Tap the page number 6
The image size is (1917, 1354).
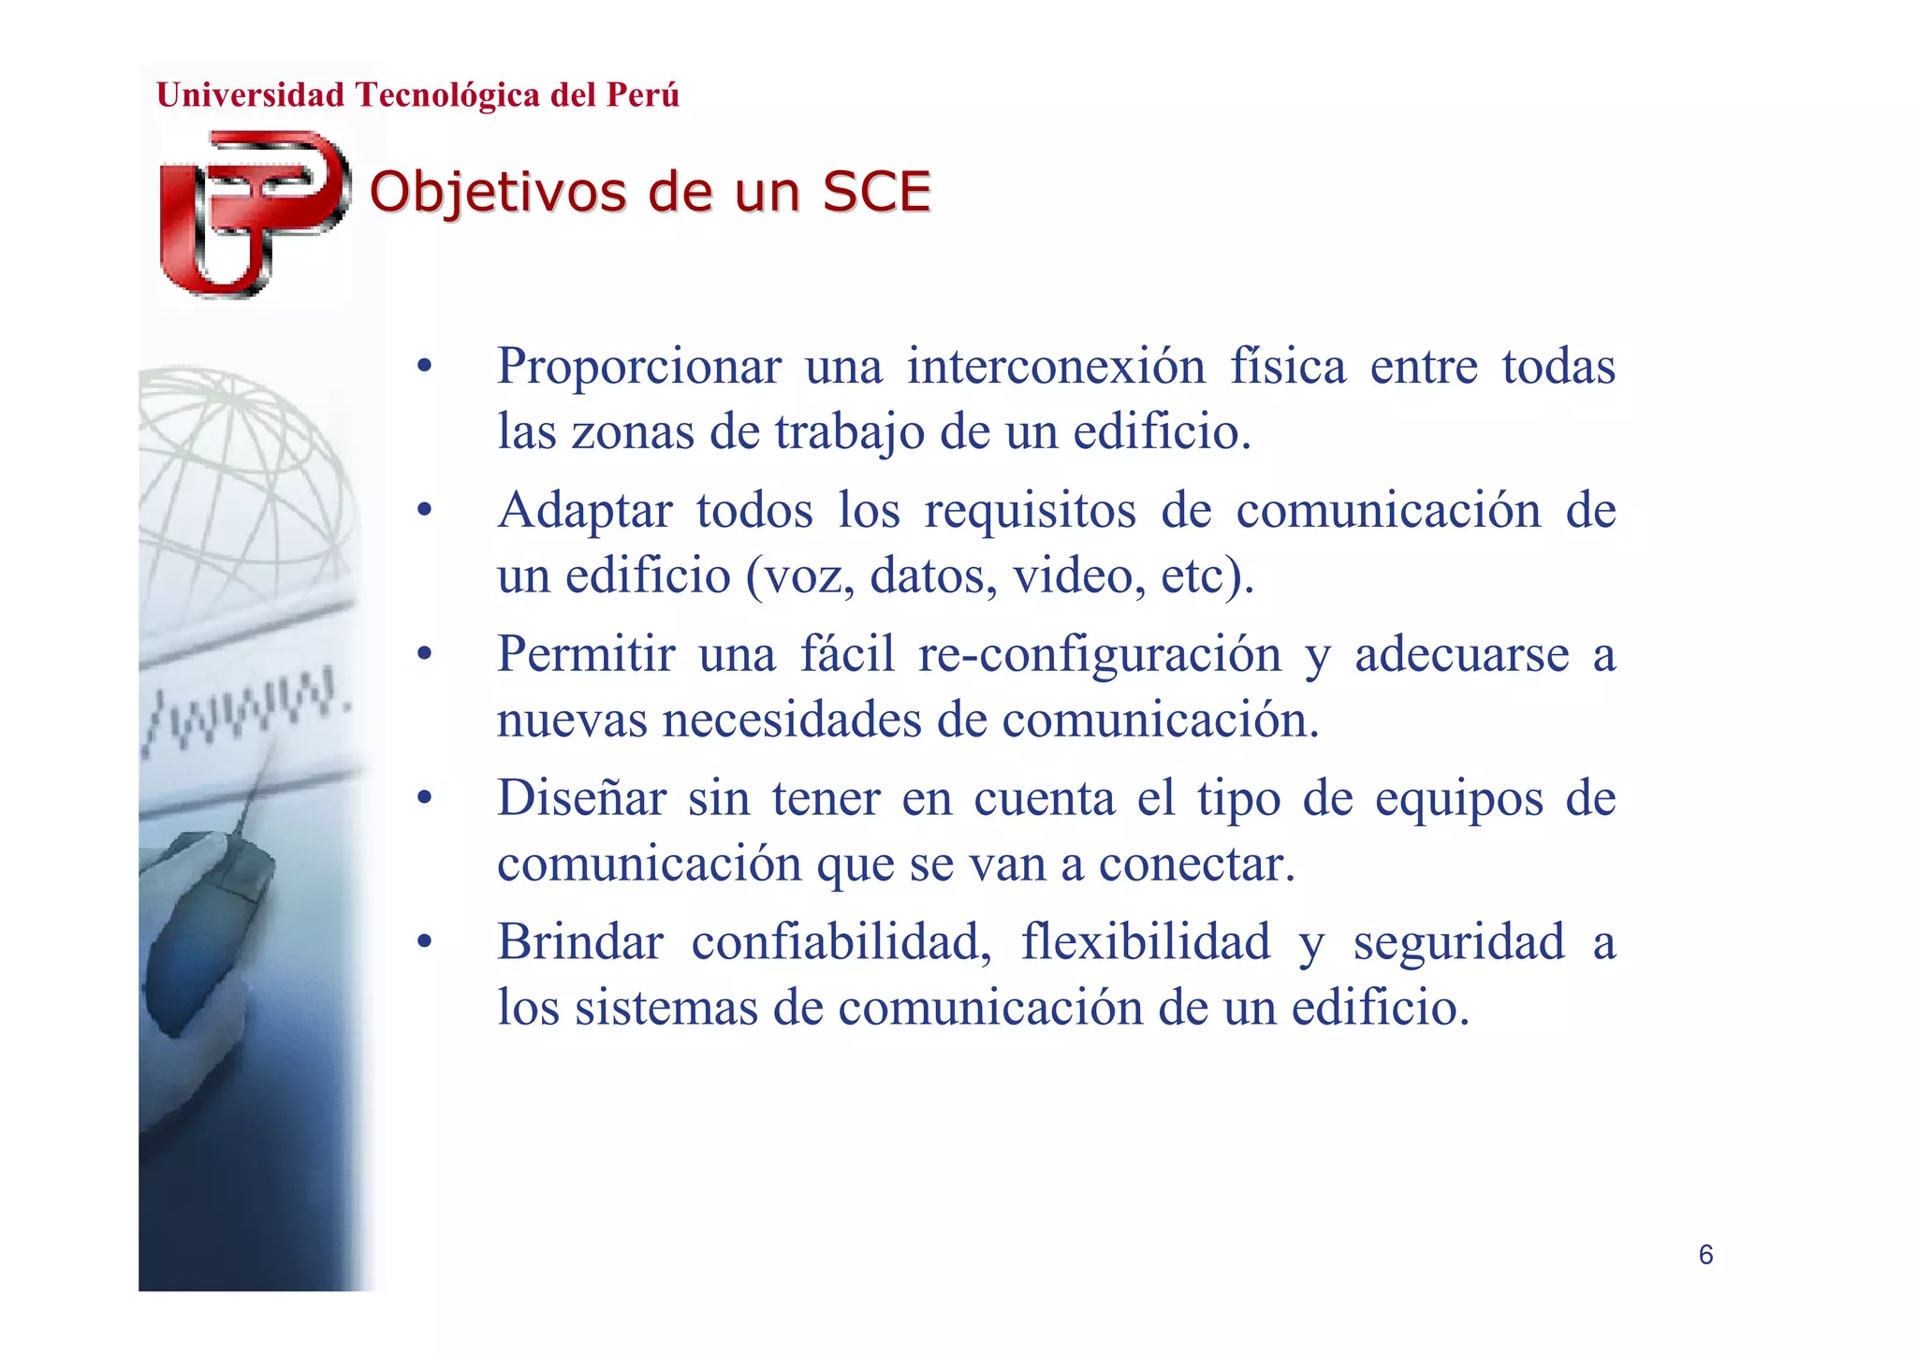pos(1705,1255)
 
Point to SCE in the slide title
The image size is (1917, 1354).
pos(876,193)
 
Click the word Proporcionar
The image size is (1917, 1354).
pos(638,366)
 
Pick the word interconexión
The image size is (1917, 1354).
pos(1056,366)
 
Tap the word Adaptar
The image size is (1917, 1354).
pos(584,511)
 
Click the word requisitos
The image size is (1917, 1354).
pos(1030,511)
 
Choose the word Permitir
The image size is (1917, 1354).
pos(585,654)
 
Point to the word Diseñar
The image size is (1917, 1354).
pos(581,798)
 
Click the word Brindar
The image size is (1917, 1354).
pos(579,941)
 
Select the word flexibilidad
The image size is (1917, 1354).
pos(1145,941)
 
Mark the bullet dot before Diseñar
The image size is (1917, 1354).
pos(425,799)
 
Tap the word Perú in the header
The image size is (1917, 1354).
pos(642,95)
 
